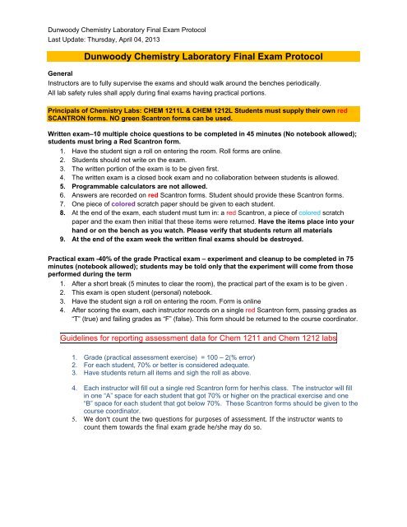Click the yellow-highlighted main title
pos(203,57)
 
